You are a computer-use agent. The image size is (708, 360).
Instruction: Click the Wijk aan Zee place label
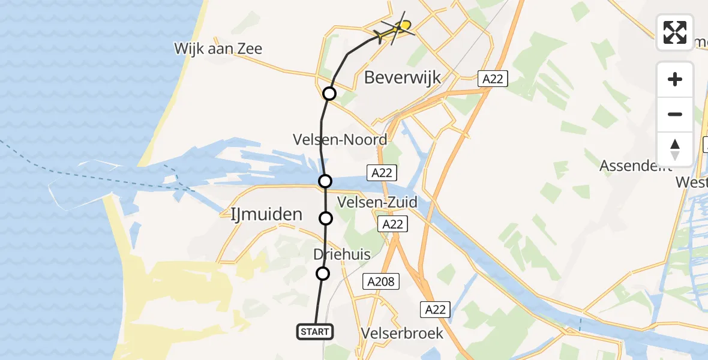[x=218, y=49]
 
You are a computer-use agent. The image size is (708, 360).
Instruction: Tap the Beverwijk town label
[x=403, y=77]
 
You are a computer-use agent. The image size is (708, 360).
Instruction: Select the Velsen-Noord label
[x=340, y=140]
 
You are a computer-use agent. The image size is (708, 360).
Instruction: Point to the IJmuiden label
[x=266, y=214]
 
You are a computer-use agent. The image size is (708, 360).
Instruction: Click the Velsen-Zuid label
[x=377, y=202]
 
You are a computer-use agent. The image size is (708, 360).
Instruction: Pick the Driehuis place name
[x=342, y=254]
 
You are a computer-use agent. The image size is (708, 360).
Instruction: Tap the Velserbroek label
[x=403, y=333]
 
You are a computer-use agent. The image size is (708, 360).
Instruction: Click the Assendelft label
[x=636, y=166]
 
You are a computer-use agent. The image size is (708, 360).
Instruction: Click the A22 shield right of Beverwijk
[x=493, y=79]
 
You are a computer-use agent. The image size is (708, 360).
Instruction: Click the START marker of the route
[x=314, y=331]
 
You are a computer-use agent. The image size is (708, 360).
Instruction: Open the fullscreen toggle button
[x=675, y=32]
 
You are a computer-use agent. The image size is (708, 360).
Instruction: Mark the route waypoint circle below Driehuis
[x=323, y=274]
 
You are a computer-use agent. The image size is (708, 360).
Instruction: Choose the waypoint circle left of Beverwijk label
[x=329, y=94]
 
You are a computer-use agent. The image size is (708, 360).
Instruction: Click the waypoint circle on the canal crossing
[x=325, y=181]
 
